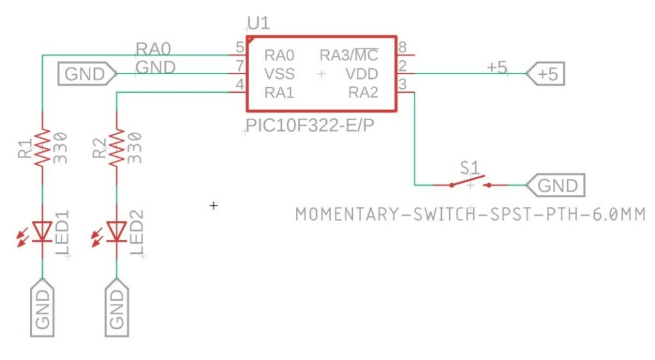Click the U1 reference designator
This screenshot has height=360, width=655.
point(258,25)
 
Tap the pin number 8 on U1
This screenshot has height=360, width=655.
point(402,47)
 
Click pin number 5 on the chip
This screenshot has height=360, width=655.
point(239,47)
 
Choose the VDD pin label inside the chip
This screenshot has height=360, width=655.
point(362,73)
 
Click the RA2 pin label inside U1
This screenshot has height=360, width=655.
point(363,93)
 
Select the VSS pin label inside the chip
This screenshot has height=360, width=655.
point(279,73)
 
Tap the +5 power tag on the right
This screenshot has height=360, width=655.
point(545,74)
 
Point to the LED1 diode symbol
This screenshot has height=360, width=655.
point(42,231)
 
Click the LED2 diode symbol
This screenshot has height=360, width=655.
point(117,231)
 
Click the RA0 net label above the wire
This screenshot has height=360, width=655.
point(154,48)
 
